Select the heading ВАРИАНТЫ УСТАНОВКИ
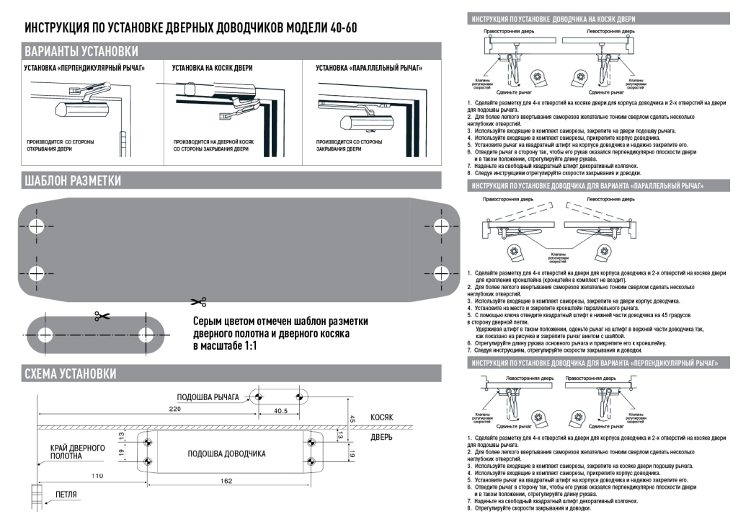point(81,52)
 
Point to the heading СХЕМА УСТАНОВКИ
point(71,373)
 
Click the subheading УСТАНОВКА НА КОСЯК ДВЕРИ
point(212,68)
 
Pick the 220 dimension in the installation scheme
point(174,409)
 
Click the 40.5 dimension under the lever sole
point(280,411)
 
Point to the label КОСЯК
point(382,417)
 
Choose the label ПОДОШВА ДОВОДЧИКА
point(226,454)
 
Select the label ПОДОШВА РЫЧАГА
point(208,397)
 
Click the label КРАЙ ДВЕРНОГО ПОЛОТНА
point(77,452)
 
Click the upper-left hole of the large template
point(36,221)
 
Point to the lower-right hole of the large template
point(440,273)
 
